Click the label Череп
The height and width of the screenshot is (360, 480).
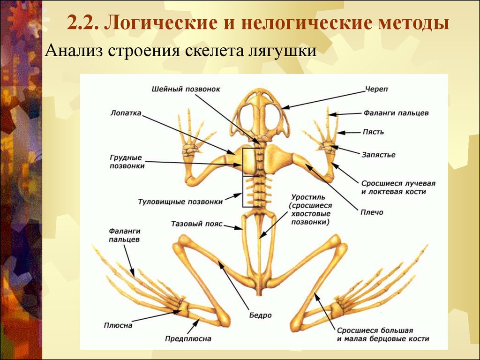click(x=376, y=90)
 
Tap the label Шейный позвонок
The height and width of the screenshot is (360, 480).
click(x=186, y=89)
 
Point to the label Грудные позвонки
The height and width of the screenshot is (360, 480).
click(x=127, y=162)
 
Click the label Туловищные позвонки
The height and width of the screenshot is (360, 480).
click(x=180, y=202)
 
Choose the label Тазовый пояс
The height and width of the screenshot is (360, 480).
click(x=196, y=224)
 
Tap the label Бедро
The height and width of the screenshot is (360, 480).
click(x=260, y=315)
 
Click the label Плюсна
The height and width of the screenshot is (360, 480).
click(x=118, y=325)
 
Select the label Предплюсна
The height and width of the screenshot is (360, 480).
click(x=188, y=338)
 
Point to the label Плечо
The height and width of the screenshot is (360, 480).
click(x=372, y=212)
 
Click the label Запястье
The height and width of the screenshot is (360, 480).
click(x=378, y=155)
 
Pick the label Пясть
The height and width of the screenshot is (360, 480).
click(x=373, y=132)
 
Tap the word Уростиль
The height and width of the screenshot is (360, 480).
click(x=308, y=197)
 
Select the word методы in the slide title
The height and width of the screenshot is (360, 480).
click(x=413, y=23)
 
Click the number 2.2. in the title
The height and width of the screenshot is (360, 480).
click(x=82, y=23)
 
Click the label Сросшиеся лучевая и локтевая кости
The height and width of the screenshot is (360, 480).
click(x=398, y=187)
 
